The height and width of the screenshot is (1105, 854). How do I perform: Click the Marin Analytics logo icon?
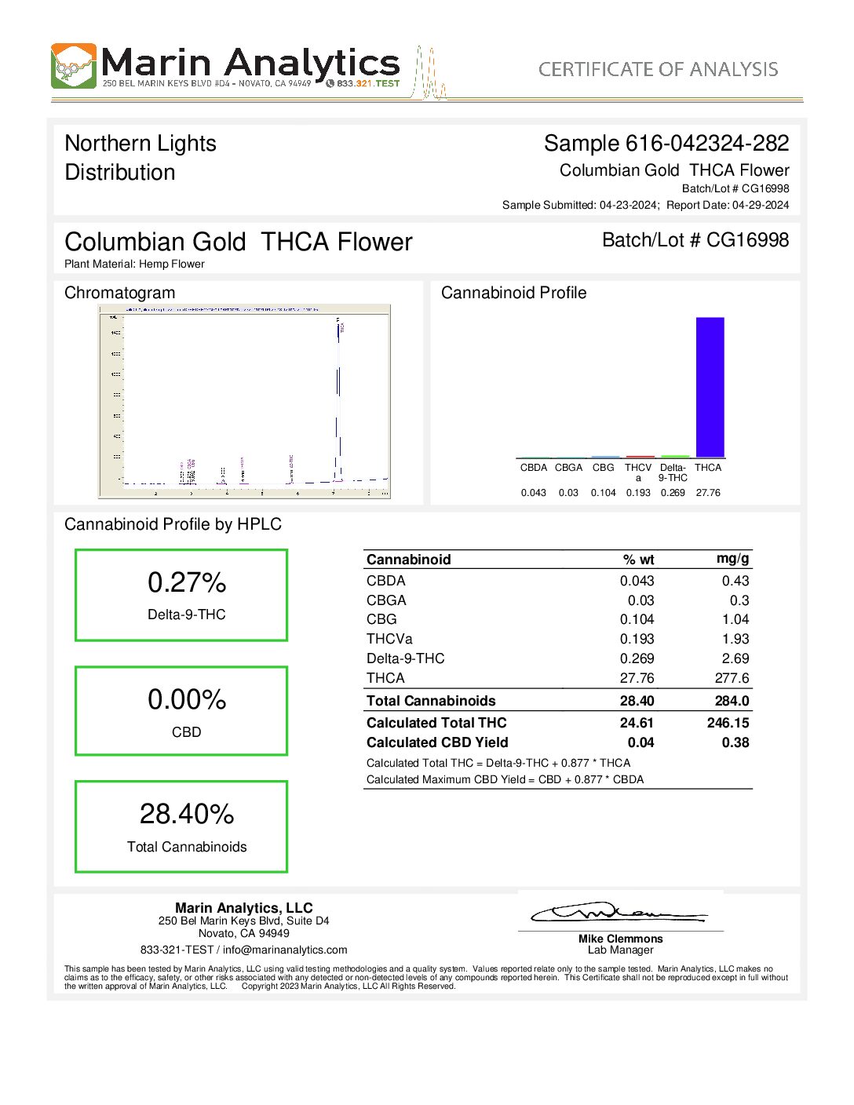point(74,66)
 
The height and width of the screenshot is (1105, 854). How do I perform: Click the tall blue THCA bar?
point(710,387)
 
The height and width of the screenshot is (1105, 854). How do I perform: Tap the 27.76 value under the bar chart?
point(708,493)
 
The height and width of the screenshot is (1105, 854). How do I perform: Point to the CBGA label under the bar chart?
point(568,468)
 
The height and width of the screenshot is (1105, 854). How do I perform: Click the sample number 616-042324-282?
point(706,144)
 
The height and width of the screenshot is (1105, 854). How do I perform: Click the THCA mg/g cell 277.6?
point(732,678)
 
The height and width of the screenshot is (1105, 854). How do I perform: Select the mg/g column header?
point(732,559)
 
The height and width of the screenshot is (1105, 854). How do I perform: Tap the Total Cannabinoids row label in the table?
point(431,701)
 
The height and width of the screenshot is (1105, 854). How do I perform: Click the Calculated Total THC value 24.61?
point(637,723)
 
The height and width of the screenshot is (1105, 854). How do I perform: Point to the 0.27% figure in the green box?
point(187,582)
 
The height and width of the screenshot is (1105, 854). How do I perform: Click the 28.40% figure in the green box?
point(187,814)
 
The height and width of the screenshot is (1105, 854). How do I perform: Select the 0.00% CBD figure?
point(187,699)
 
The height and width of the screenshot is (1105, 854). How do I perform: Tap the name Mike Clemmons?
point(620,939)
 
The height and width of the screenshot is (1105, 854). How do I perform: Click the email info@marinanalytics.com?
point(285,950)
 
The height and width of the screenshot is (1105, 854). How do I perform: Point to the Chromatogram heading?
point(120,293)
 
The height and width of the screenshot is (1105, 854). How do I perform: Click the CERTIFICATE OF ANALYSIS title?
point(658,69)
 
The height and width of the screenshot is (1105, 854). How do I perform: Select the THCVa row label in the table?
point(389,639)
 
